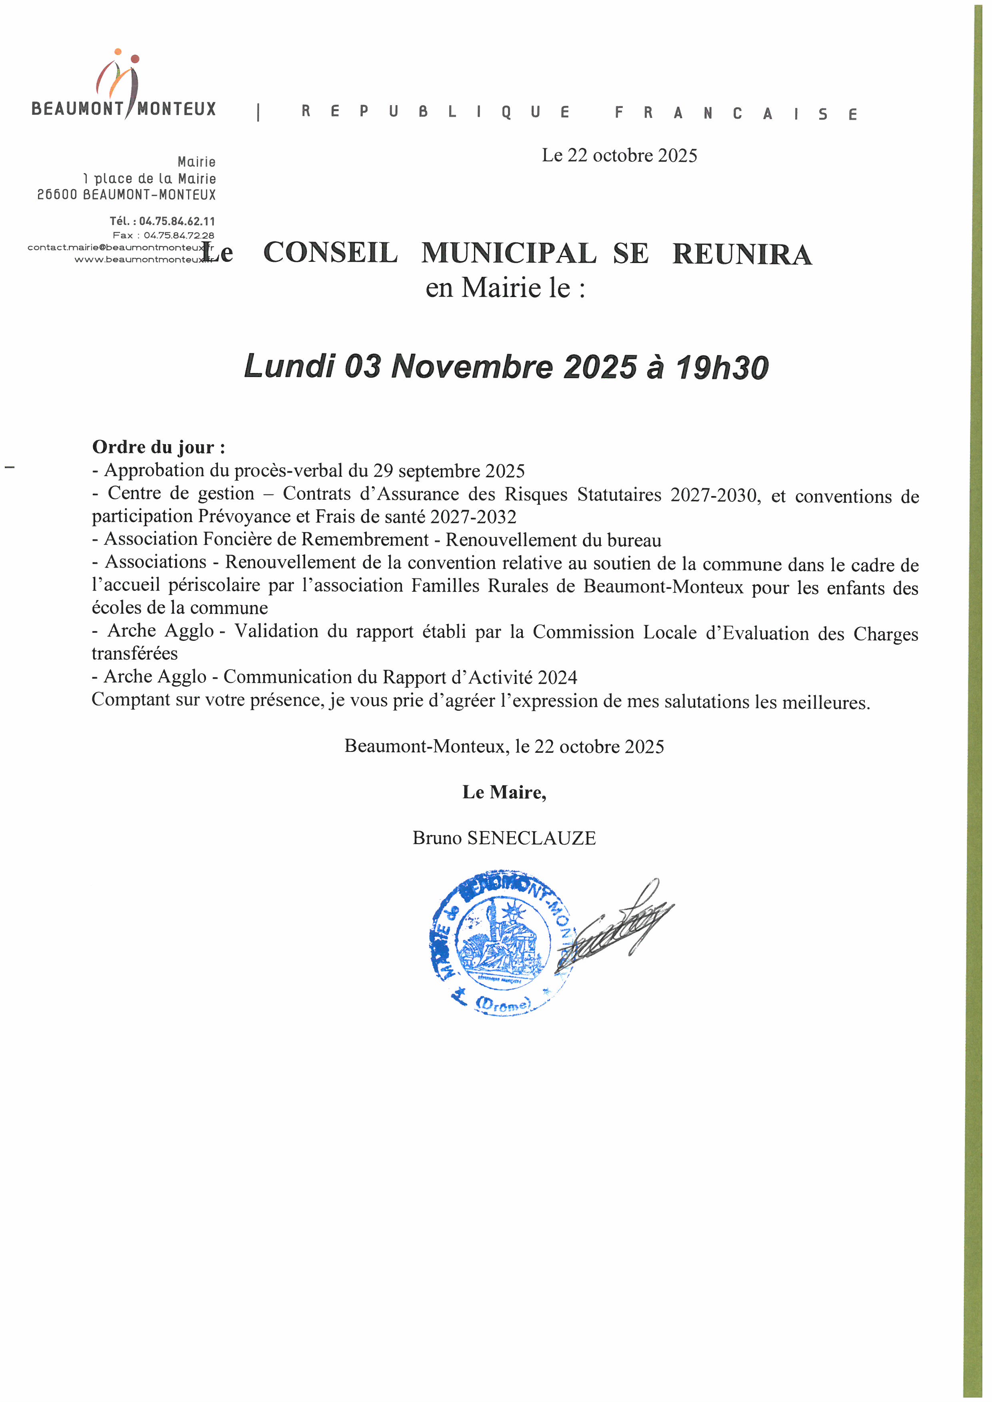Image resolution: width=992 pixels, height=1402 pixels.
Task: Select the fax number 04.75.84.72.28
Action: click(179, 235)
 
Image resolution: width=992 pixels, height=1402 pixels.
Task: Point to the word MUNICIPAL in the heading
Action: click(508, 253)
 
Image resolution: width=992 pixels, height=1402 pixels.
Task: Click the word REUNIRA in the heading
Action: click(742, 255)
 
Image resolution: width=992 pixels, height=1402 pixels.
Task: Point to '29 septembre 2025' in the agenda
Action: click(449, 471)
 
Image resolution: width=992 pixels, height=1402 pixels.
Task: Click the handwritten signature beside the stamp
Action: click(617, 928)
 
